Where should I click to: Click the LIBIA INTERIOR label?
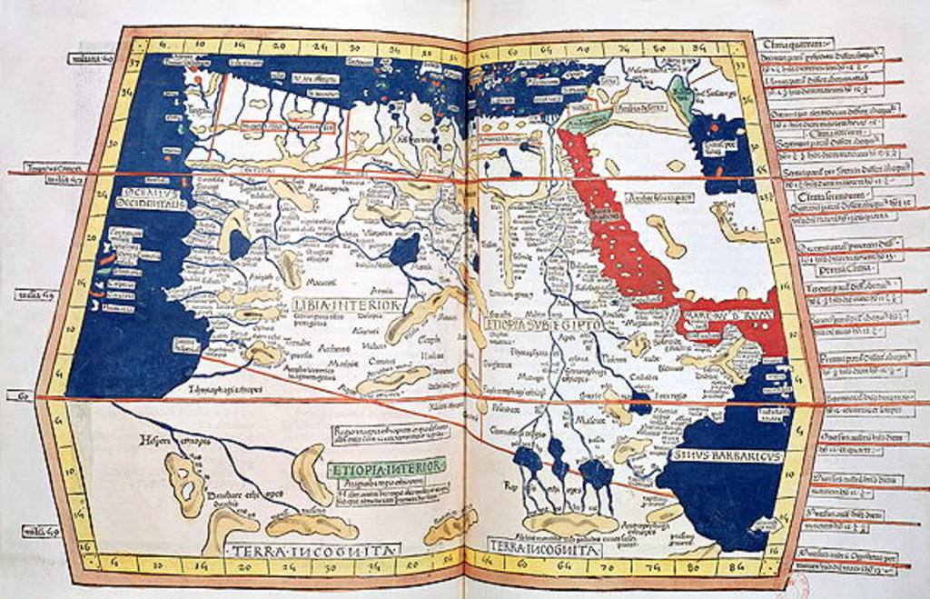(346, 305)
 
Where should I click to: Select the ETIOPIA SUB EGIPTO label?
(533, 318)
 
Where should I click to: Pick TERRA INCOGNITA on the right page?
(531, 548)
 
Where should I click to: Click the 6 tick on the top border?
(163, 42)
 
